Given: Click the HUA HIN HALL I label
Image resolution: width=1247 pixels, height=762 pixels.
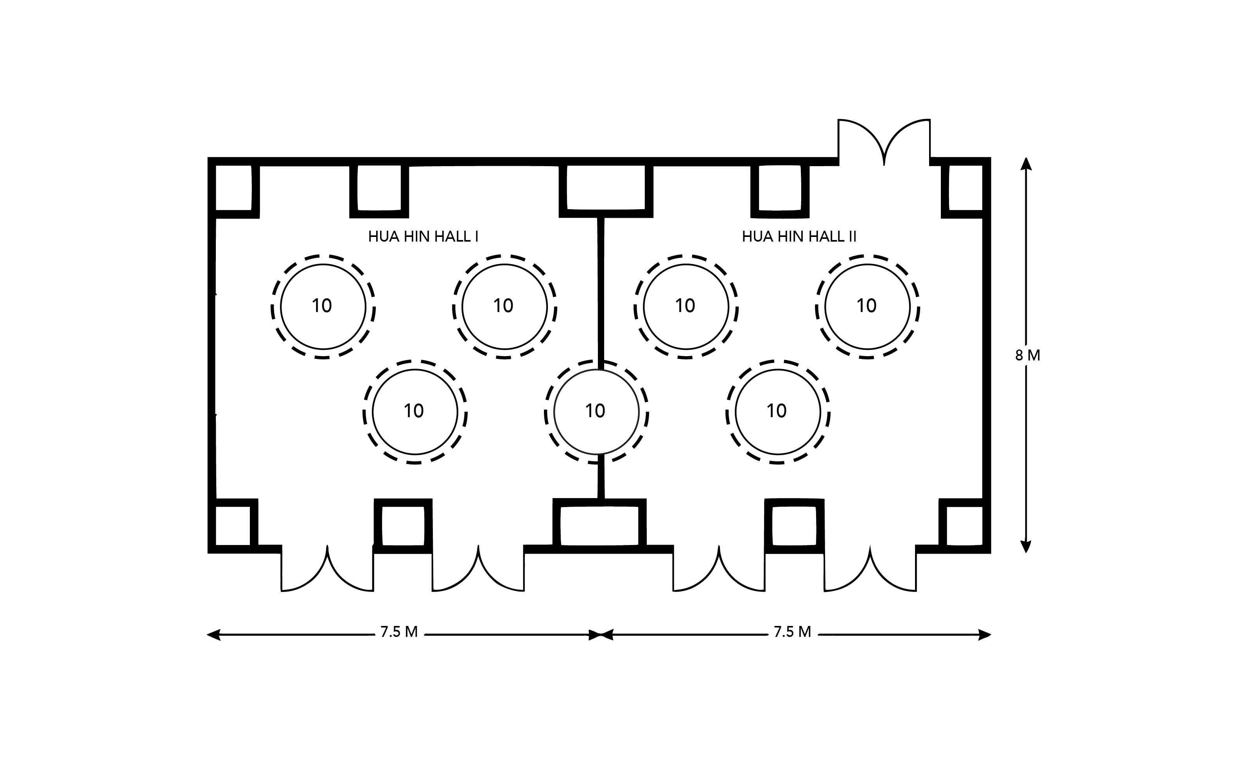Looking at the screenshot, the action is (423, 237).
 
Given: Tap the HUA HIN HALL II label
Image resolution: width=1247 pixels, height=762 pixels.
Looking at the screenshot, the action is (799, 237).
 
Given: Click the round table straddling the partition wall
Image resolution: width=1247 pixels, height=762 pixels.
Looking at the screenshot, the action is (596, 411).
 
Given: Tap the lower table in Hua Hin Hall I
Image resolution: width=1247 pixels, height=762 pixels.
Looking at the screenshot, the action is (415, 411).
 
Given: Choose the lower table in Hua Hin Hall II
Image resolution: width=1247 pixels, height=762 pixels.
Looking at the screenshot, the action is (777, 411).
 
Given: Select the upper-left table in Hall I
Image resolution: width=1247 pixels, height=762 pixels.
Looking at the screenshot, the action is (323, 307).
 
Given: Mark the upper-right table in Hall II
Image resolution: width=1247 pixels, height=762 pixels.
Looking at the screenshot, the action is (867, 307).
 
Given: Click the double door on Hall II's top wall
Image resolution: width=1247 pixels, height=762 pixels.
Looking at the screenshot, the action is (884, 142).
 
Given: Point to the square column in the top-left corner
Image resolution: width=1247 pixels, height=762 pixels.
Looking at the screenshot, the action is (234, 188).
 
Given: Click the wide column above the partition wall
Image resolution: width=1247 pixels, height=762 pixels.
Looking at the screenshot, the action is (606, 188).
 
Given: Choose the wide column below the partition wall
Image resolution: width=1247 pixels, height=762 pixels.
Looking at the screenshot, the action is (600, 525).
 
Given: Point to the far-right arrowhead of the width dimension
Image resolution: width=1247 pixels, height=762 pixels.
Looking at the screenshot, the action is (984, 635).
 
